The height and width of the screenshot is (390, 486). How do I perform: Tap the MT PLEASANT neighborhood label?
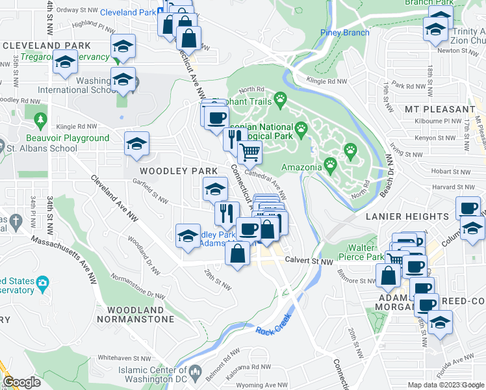tap(440, 109)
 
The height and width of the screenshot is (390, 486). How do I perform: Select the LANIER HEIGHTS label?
tap(407, 216)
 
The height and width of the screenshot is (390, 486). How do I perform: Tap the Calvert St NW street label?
tap(309, 261)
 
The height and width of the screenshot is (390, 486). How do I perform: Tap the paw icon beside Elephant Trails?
tap(280, 99)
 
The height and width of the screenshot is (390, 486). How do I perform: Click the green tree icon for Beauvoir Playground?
tap(40, 121)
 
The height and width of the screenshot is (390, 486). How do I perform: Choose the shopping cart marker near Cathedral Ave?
tap(249, 153)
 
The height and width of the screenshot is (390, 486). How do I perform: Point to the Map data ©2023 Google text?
tap(445, 385)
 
